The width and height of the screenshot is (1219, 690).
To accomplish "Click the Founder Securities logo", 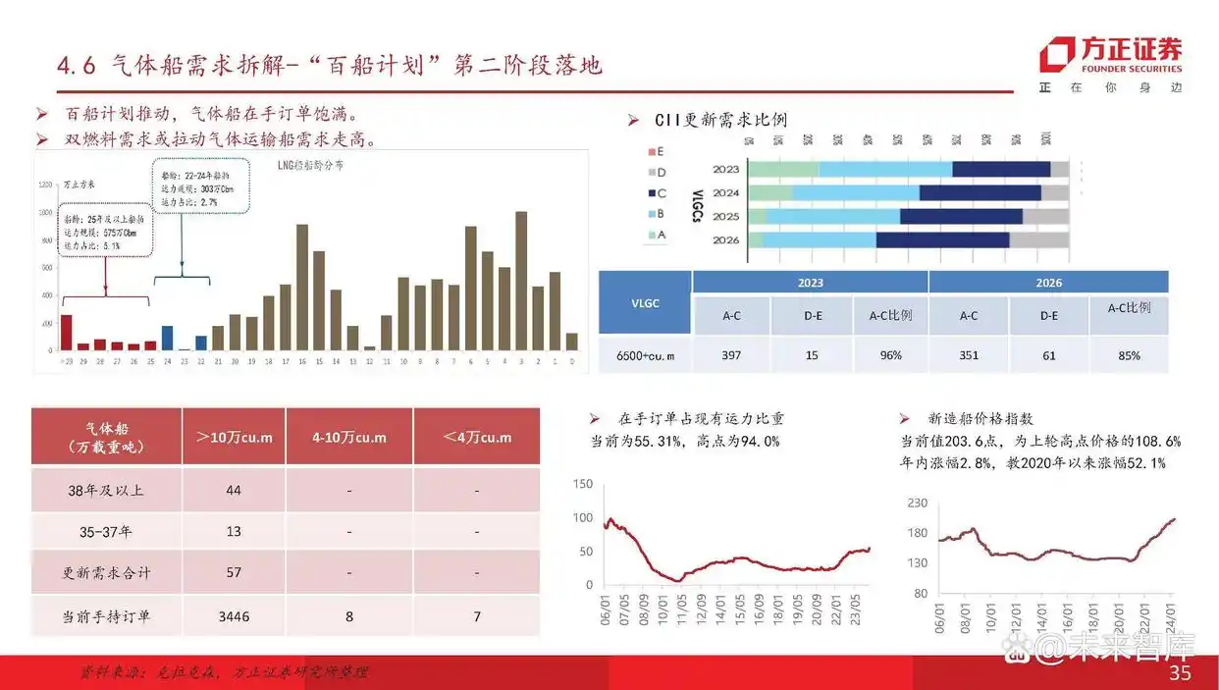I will pos(1111,56).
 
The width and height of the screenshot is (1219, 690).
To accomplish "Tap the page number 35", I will pos(1180,672).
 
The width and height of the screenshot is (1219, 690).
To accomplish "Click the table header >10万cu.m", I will pos(234,437).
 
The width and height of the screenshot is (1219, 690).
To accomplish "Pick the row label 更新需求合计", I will pos(106,571).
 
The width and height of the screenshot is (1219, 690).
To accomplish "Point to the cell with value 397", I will pos(730,354).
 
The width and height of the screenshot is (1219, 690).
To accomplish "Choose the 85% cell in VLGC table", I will pos(1129,354).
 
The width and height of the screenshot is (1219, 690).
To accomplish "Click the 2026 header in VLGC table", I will pos(1047,283).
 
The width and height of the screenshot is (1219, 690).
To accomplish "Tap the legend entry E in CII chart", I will pos(655,152).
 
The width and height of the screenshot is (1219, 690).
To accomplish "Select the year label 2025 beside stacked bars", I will pos(726,216).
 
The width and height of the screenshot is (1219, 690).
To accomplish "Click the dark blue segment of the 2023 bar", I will pos(1000,170).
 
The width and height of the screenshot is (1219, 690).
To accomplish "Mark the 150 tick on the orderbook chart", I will pos(582,484).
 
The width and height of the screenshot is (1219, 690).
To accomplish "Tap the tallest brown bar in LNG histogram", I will pos(520,280).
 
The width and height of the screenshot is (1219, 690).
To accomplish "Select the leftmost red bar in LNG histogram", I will pos(66,332).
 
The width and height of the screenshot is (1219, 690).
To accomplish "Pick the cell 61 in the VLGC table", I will pos(1049,354).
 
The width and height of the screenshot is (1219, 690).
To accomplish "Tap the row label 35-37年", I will pos(106,531).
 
